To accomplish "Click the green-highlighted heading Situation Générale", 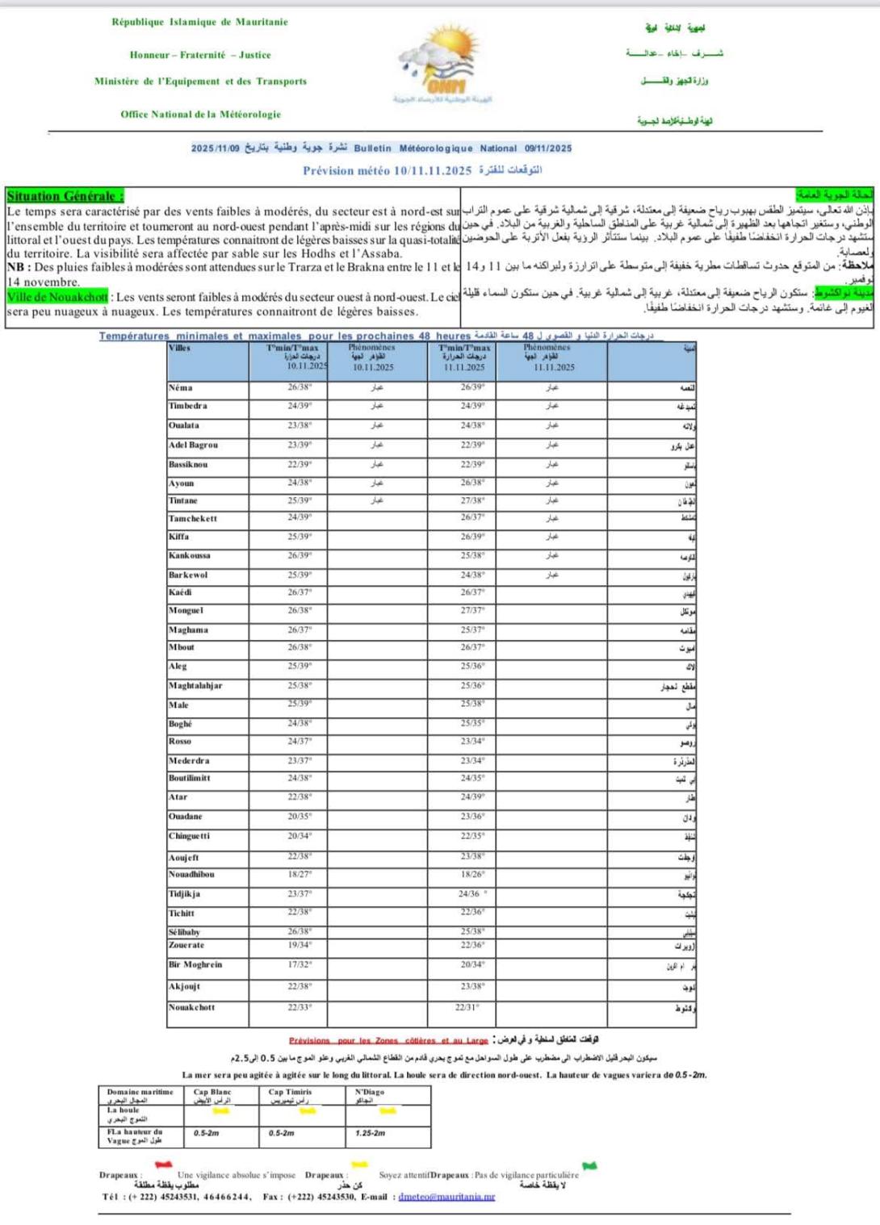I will click(65, 196).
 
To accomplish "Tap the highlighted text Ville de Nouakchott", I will click(57, 297).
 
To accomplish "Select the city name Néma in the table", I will click(181, 388).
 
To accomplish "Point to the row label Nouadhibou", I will click(191, 875).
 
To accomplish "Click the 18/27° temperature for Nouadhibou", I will click(300, 874).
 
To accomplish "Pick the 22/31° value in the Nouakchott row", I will click(467, 1007).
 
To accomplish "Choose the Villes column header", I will click(180, 349).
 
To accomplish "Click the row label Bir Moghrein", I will click(195, 965).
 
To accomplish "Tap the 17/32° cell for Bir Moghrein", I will click(300, 964).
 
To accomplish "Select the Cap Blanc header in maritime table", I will click(212, 1093).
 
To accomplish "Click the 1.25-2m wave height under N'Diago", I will click(370, 1134).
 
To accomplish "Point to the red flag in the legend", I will click(164, 1165).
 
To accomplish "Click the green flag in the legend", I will click(590, 1166).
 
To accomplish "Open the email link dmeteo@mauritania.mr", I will click(446, 1197).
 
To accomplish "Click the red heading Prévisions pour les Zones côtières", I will click(388, 1041).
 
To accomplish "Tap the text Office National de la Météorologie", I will click(201, 115).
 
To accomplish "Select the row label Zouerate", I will click(186, 946).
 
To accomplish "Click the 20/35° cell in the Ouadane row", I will click(300, 817).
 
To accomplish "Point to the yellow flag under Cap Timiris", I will click(308, 1111).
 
